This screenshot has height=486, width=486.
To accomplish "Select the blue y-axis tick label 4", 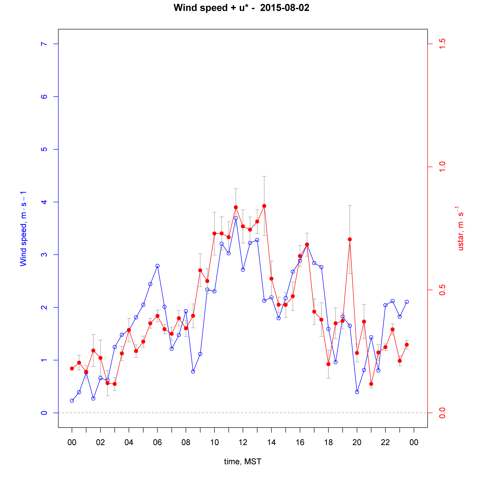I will click(x=44, y=202).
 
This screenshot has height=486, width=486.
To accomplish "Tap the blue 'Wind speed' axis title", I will click(x=23, y=229).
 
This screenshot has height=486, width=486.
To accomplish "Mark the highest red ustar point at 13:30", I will click(x=264, y=206).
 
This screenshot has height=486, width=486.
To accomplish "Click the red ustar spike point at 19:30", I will click(x=350, y=239).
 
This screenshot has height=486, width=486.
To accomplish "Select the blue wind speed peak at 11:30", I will click(x=236, y=218).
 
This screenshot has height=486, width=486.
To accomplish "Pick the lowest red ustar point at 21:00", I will click(x=371, y=384).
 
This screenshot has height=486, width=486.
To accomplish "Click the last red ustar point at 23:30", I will click(x=407, y=345).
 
